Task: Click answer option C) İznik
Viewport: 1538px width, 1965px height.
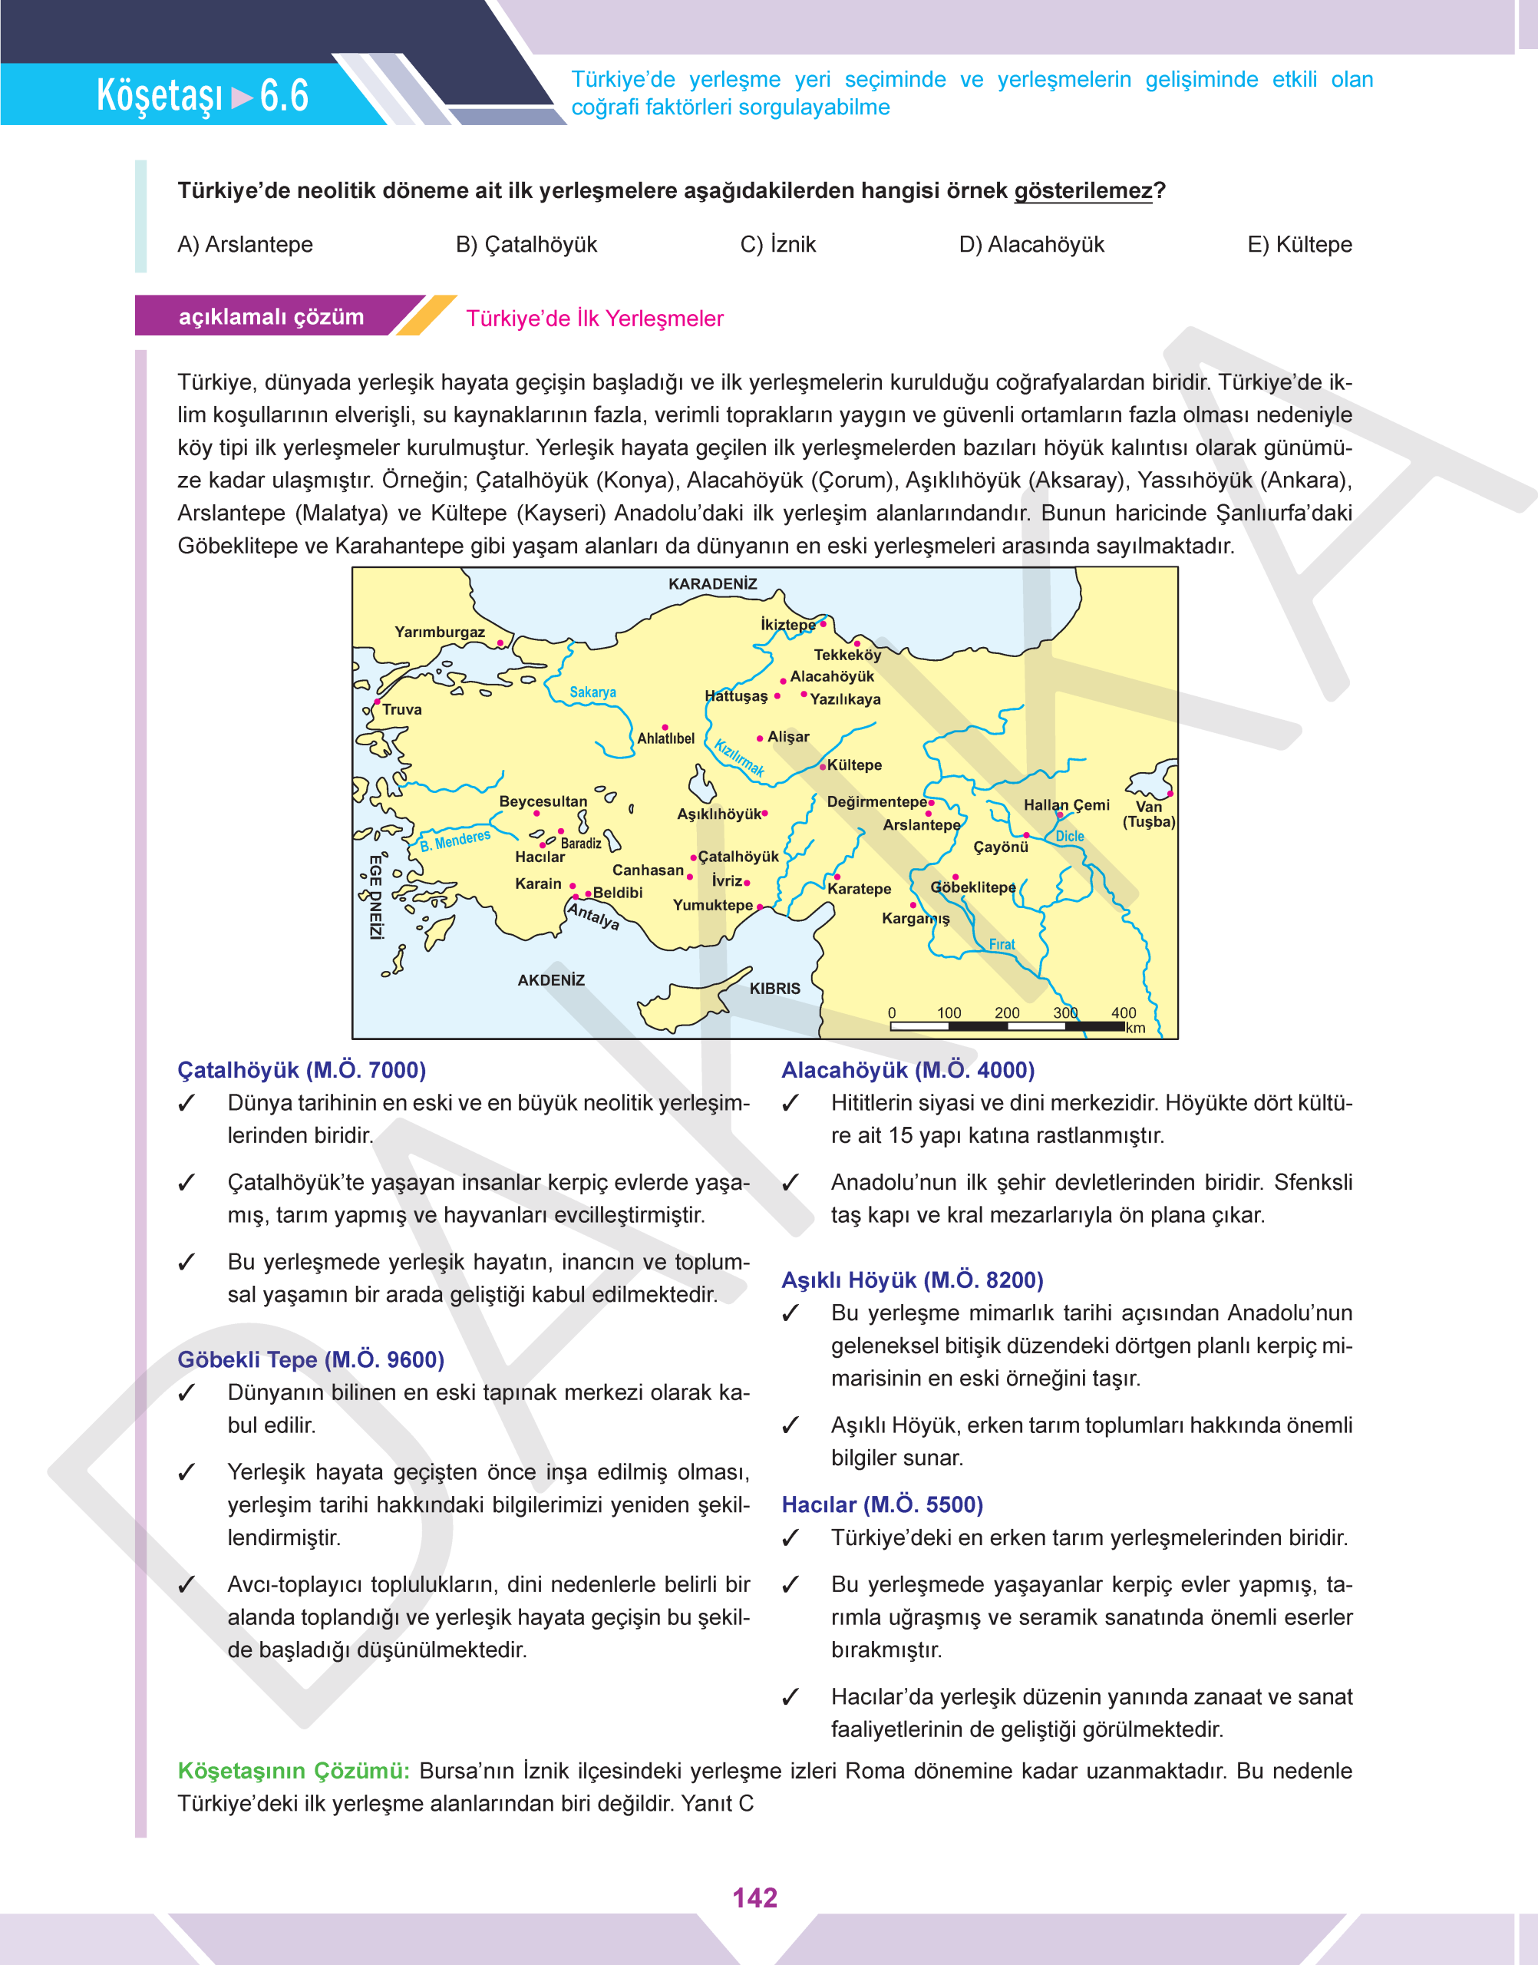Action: [x=777, y=244]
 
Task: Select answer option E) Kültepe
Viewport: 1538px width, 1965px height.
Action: [x=1299, y=244]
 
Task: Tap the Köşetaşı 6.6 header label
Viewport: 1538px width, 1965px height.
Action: [x=203, y=95]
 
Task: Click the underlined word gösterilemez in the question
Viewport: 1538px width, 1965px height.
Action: [x=1082, y=191]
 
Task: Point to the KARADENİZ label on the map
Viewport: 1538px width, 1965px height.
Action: [x=712, y=583]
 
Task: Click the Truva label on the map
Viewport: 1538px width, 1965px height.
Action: [x=401, y=710]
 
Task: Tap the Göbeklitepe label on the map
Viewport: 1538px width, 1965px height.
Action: [x=972, y=887]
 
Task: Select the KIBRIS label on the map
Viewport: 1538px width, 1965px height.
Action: [x=774, y=988]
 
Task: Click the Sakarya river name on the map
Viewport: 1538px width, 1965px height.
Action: [x=592, y=692]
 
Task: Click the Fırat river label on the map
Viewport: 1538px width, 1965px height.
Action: [x=1002, y=944]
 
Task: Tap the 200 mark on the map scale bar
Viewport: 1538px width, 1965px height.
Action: [x=1007, y=1013]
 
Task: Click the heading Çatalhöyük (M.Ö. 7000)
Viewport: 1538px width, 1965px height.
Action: [x=302, y=1070]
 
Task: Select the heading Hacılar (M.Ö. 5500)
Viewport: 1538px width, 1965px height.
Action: [x=882, y=1504]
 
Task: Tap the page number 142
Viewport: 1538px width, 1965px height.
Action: [x=754, y=1897]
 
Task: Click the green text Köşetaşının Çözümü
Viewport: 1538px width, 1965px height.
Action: [x=293, y=1771]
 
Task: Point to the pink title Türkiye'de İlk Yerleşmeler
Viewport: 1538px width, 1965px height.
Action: [x=594, y=319]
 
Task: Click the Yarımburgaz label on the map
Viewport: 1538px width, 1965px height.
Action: [x=440, y=632]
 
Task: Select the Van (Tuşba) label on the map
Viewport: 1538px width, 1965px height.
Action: [x=1148, y=814]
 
